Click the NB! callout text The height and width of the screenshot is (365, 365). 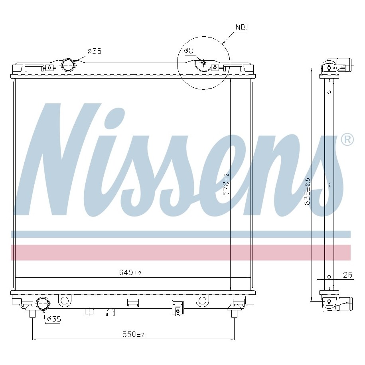[242, 28]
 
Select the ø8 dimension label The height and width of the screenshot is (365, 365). [189, 51]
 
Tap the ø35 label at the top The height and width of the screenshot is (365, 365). [94, 51]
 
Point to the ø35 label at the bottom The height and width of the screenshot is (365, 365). [54, 319]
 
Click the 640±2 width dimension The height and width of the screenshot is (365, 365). [130, 272]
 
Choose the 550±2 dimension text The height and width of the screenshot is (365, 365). [133, 334]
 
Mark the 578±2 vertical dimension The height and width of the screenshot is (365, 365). [226, 184]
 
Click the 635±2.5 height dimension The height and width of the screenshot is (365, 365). [307, 191]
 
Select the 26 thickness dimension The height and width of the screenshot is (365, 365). [347, 275]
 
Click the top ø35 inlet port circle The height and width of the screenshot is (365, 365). [68, 65]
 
